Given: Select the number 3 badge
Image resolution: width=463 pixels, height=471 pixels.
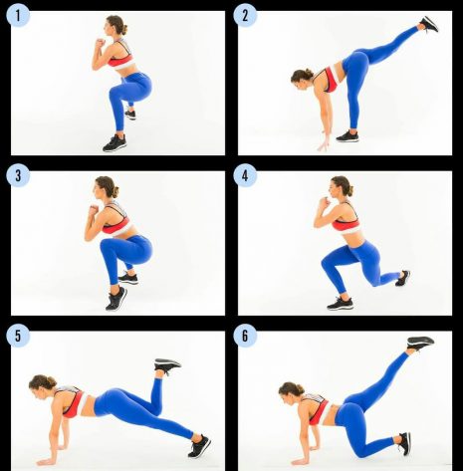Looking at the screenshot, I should tap(18, 175).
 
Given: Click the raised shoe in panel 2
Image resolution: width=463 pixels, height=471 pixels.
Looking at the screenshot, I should tap(429, 24).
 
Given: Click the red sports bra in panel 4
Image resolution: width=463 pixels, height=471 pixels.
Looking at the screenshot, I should tap(347, 222).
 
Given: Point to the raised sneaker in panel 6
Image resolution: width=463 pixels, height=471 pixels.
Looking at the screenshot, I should tap(420, 343).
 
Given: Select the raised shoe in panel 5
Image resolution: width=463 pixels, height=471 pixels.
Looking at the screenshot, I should tap(166, 365).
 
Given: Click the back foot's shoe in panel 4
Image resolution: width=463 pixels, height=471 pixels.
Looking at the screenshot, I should tap(402, 278).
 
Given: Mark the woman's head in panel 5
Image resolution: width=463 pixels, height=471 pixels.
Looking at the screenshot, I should tap(42, 383).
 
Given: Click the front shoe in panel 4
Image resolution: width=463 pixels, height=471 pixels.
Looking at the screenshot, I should tap(340, 303).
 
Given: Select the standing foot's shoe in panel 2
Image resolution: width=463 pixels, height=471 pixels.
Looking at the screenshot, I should tap(347, 136).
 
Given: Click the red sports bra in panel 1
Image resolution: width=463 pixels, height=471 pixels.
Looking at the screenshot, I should tap(119, 59).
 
